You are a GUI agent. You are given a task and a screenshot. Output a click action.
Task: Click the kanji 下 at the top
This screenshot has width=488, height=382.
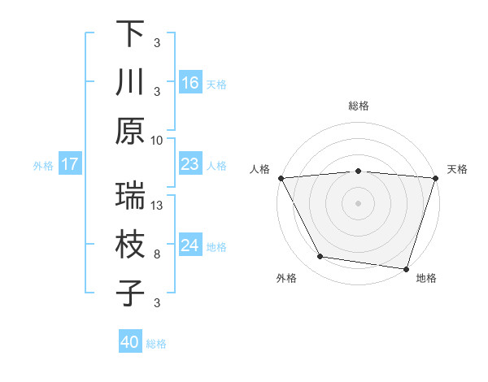130,34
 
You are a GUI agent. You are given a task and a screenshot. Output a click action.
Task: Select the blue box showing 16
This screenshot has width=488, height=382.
190,82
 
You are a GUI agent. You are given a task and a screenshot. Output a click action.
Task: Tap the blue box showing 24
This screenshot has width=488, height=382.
190,245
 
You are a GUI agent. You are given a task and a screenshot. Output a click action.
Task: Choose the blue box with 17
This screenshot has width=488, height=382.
70,165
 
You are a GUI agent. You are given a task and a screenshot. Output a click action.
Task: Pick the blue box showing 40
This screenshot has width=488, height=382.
130,342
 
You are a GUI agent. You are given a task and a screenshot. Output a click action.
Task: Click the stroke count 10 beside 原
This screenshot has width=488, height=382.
157,140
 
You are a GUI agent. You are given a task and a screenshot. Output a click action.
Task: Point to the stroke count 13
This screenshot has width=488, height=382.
158,206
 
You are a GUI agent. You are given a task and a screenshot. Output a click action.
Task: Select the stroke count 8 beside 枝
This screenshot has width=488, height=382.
157,254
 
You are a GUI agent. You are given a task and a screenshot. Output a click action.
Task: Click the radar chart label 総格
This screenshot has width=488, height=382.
358,106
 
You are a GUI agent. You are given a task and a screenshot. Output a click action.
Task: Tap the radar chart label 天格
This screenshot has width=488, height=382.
457,169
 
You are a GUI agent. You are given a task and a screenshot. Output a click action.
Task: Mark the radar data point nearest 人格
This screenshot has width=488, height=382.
281,177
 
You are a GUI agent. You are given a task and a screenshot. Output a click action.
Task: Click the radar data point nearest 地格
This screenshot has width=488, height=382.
406,268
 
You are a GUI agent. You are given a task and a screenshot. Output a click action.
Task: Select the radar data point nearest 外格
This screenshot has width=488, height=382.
320,257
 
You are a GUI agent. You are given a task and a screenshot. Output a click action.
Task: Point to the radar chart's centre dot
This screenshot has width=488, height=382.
358,202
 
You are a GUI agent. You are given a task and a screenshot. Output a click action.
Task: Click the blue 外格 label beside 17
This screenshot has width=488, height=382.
43,165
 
